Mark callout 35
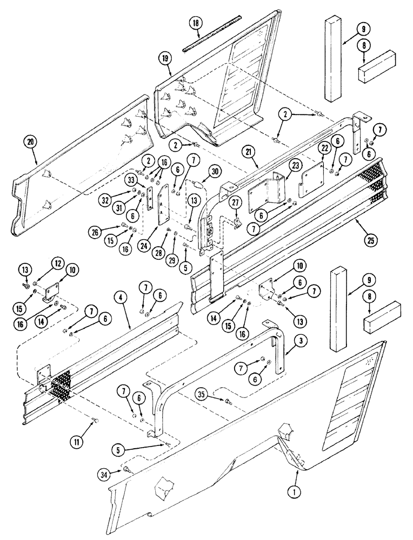coord(217,400)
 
